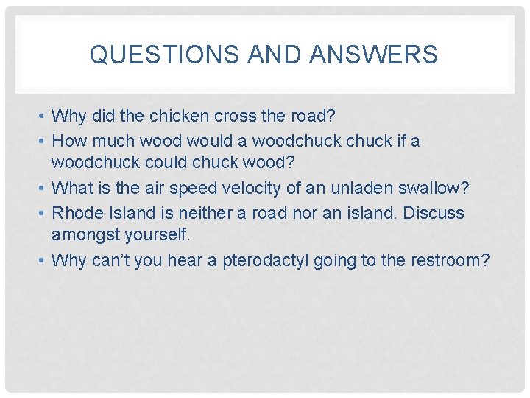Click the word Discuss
coord(434,213)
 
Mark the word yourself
coord(152,237)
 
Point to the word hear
coord(187,261)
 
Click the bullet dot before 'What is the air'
coord(45,189)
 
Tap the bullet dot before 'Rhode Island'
coord(45,214)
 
